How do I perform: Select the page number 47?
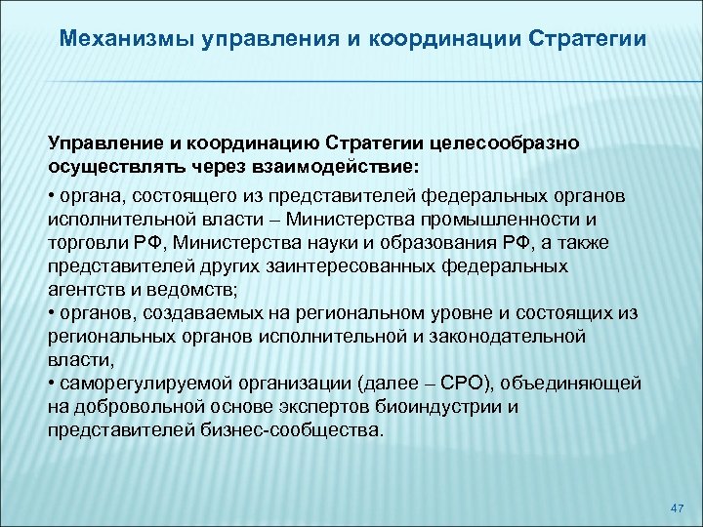click(679, 508)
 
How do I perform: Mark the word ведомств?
click(195, 289)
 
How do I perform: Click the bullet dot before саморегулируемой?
click(51, 384)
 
